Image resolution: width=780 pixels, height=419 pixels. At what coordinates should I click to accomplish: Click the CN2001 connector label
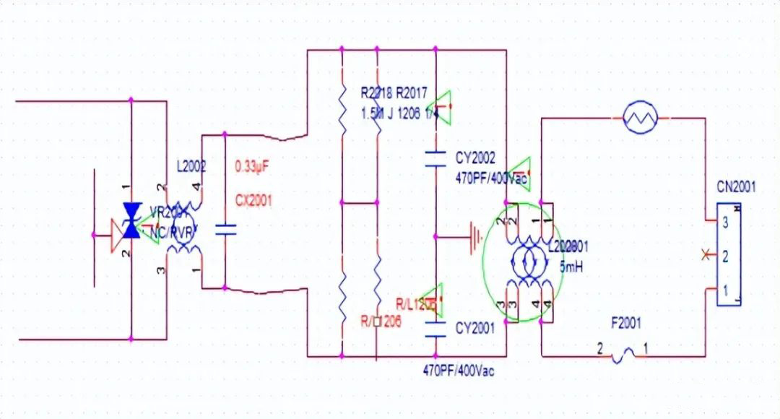point(736,187)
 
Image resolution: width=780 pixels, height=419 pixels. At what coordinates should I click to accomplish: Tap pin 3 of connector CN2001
point(724,223)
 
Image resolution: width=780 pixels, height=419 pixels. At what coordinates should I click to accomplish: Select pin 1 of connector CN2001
point(724,290)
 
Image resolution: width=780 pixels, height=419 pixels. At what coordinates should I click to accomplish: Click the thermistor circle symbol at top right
point(641,118)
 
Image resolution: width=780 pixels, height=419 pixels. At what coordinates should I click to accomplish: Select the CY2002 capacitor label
point(475,157)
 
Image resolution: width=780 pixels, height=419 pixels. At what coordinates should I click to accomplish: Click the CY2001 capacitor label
point(475,329)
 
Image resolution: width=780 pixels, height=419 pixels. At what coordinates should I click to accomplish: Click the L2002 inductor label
point(191,167)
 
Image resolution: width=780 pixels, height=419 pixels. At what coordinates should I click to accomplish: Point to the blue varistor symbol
point(131,220)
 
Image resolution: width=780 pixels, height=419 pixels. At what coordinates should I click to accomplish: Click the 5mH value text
point(571,267)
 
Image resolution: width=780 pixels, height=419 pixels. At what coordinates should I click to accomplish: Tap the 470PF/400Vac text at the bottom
point(459,371)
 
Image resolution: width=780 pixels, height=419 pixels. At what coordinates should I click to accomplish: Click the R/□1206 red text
point(381,321)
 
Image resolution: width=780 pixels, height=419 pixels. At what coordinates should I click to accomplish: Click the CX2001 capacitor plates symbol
point(225,230)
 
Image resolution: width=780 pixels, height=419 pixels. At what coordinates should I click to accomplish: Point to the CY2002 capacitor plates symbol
point(435,159)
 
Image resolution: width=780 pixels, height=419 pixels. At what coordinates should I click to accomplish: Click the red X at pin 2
point(705,254)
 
